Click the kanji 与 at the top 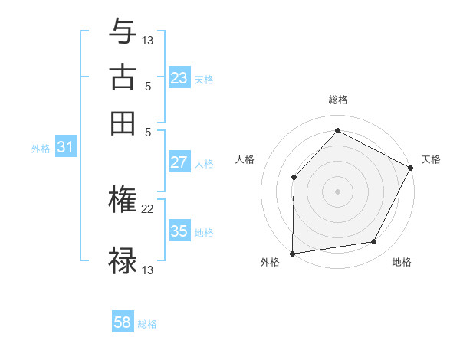(123, 32)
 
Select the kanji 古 (123, 79)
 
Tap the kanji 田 (123, 123)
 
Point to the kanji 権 (123, 201)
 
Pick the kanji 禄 (123, 260)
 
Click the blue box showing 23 (179, 78)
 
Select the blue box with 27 (179, 162)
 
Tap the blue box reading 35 (179, 231)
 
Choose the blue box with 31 (65, 148)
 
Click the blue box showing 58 (123, 322)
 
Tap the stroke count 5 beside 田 (148, 131)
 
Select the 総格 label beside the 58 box (147, 324)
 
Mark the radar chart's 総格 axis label (337, 100)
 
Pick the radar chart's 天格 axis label (431, 159)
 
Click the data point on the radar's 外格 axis (292, 253)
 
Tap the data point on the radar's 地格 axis (374, 242)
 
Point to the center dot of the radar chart (337, 191)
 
